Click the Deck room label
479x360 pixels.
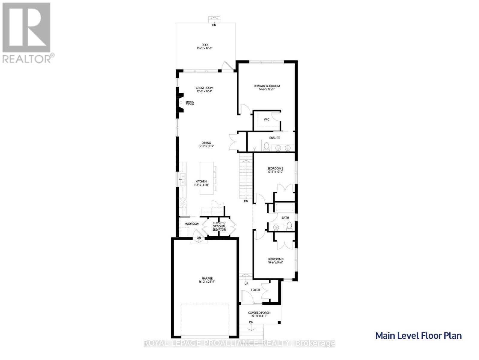pos(205,45)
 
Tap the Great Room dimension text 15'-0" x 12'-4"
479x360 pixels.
pos(205,91)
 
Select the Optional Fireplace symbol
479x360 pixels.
pos(180,103)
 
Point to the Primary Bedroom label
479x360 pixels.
pos(266,86)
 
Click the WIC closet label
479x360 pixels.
pos(266,119)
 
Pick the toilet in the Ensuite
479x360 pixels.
pos(266,147)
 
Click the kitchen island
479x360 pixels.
pos(207,177)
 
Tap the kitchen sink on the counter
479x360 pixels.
pos(182,179)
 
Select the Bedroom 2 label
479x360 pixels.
pos(275,168)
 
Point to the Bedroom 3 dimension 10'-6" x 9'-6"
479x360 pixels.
pos(275,262)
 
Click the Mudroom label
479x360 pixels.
pos(192,224)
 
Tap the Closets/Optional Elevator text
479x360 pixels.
pos(219,226)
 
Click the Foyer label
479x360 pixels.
pos(255,290)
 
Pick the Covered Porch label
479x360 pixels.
pos(259,313)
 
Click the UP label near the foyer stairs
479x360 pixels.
pos(246,283)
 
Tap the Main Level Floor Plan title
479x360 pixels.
pos(418,335)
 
